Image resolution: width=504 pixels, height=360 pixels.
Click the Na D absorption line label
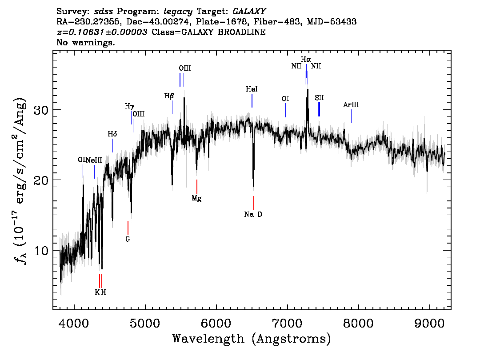[x=253, y=215]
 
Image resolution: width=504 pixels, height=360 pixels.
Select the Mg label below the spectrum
[x=196, y=199]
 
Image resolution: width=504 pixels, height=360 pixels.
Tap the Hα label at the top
[x=306, y=59]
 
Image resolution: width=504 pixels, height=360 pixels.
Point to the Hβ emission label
[x=169, y=96]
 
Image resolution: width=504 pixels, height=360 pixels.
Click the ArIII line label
[x=351, y=105]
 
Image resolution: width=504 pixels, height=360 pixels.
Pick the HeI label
[x=252, y=89]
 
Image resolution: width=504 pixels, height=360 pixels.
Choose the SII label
[x=319, y=98]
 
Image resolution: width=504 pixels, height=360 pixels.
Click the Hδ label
[x=112, y=134]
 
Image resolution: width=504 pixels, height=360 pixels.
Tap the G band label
[x=128, y=239]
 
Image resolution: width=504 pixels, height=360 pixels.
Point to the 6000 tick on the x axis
[x=216, y=322]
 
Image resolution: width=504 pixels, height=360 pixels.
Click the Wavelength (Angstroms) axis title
[x=252, y=339]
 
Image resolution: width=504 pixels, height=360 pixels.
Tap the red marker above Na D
[x=253, y=203]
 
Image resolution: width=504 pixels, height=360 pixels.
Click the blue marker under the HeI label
[x=252, y=100]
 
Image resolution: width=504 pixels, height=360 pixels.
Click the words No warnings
[x=86, y=43]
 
